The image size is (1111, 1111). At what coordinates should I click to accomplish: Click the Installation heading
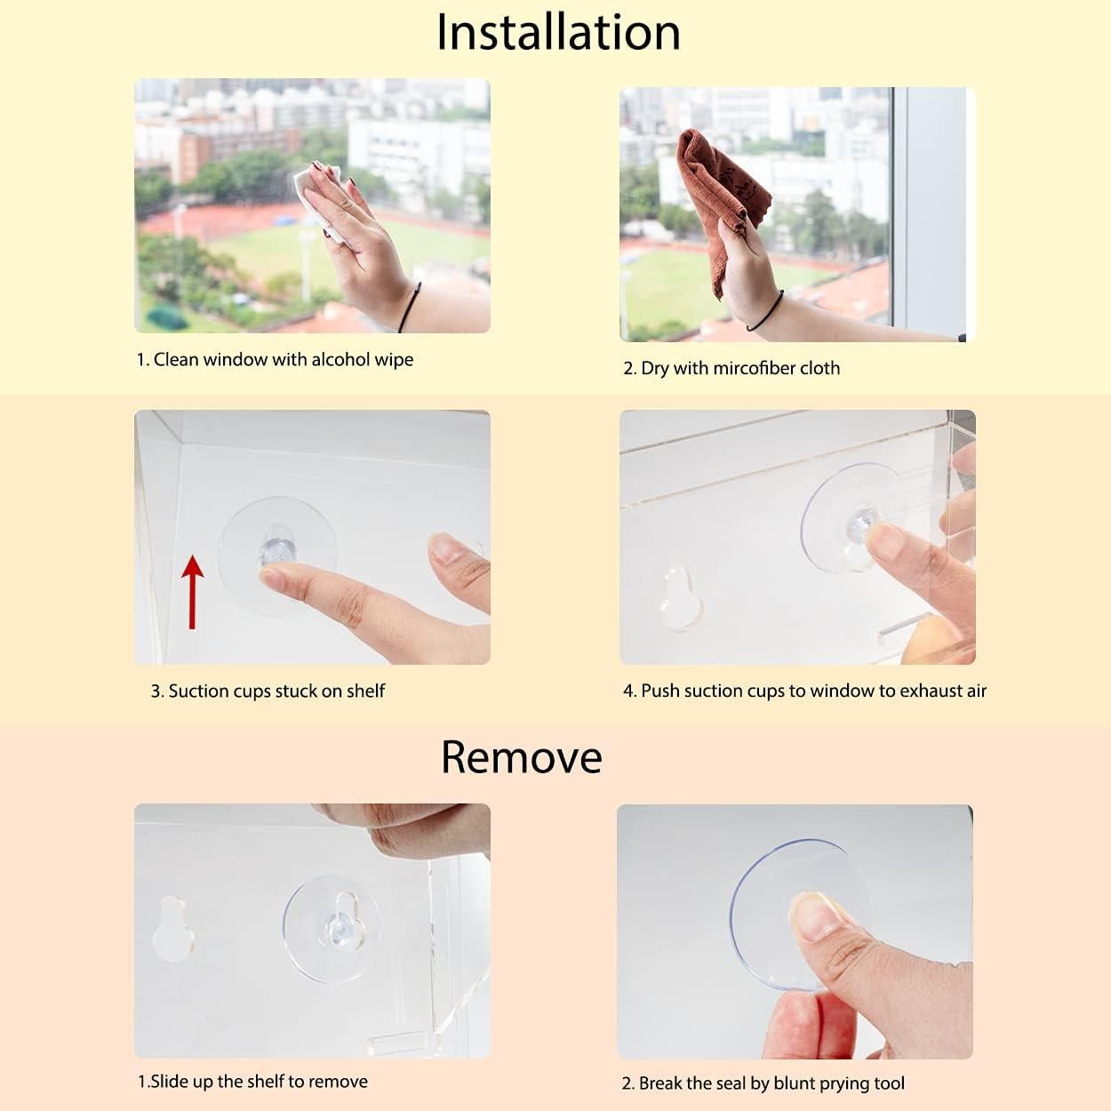558,33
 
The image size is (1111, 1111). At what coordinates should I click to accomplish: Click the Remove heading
521,757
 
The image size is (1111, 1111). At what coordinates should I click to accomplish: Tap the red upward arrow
192,591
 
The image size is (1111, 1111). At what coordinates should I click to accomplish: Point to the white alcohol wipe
311,187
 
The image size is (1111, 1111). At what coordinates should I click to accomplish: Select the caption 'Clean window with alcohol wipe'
275,360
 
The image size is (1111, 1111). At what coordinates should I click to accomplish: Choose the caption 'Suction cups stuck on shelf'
268,691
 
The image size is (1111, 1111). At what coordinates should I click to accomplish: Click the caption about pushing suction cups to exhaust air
804,691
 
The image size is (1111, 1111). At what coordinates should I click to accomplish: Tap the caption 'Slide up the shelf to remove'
252,1082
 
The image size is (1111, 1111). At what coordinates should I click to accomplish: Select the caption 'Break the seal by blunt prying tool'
763,1083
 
